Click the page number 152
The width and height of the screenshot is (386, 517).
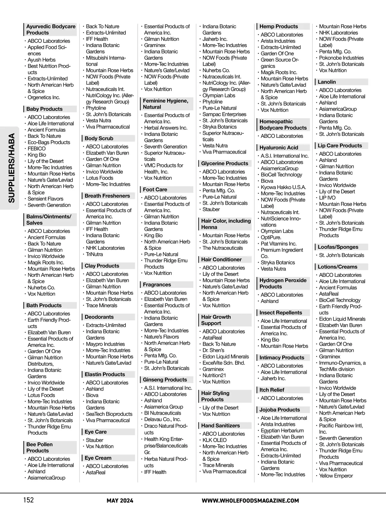[x=28, y=500]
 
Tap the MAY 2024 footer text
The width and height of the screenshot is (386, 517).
[x=120, y=501]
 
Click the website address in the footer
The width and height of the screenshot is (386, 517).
[x=250, y=501]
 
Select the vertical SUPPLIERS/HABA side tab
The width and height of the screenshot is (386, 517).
[x=11, y=168]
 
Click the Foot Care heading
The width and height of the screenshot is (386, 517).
[x=155, y=190]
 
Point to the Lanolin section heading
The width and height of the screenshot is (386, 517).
[x=327, y=82]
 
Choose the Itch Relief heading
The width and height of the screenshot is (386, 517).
[x=272, y=390]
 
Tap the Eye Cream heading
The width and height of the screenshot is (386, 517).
[x=98, y=458]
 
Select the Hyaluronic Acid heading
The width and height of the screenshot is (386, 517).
[x=279, y=147]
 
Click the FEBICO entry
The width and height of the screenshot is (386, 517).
[x=37, y=148]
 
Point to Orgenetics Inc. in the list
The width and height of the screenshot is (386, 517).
[x=44, y=98]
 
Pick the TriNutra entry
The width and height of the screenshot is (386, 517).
[x=94, y=254]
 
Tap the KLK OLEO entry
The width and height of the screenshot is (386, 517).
[x=214, y=440]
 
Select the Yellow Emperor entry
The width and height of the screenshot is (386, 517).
[x=336, y=476]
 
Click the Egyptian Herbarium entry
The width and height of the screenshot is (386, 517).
[x=282, y=430]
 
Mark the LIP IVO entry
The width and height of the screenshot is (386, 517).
[x=327, y=198]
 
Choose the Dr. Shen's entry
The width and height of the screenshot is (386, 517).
[x=213, y=350]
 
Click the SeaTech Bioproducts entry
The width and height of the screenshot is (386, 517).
[x=109, y=414]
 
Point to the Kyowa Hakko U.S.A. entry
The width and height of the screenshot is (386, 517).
[x=283, y=187]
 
